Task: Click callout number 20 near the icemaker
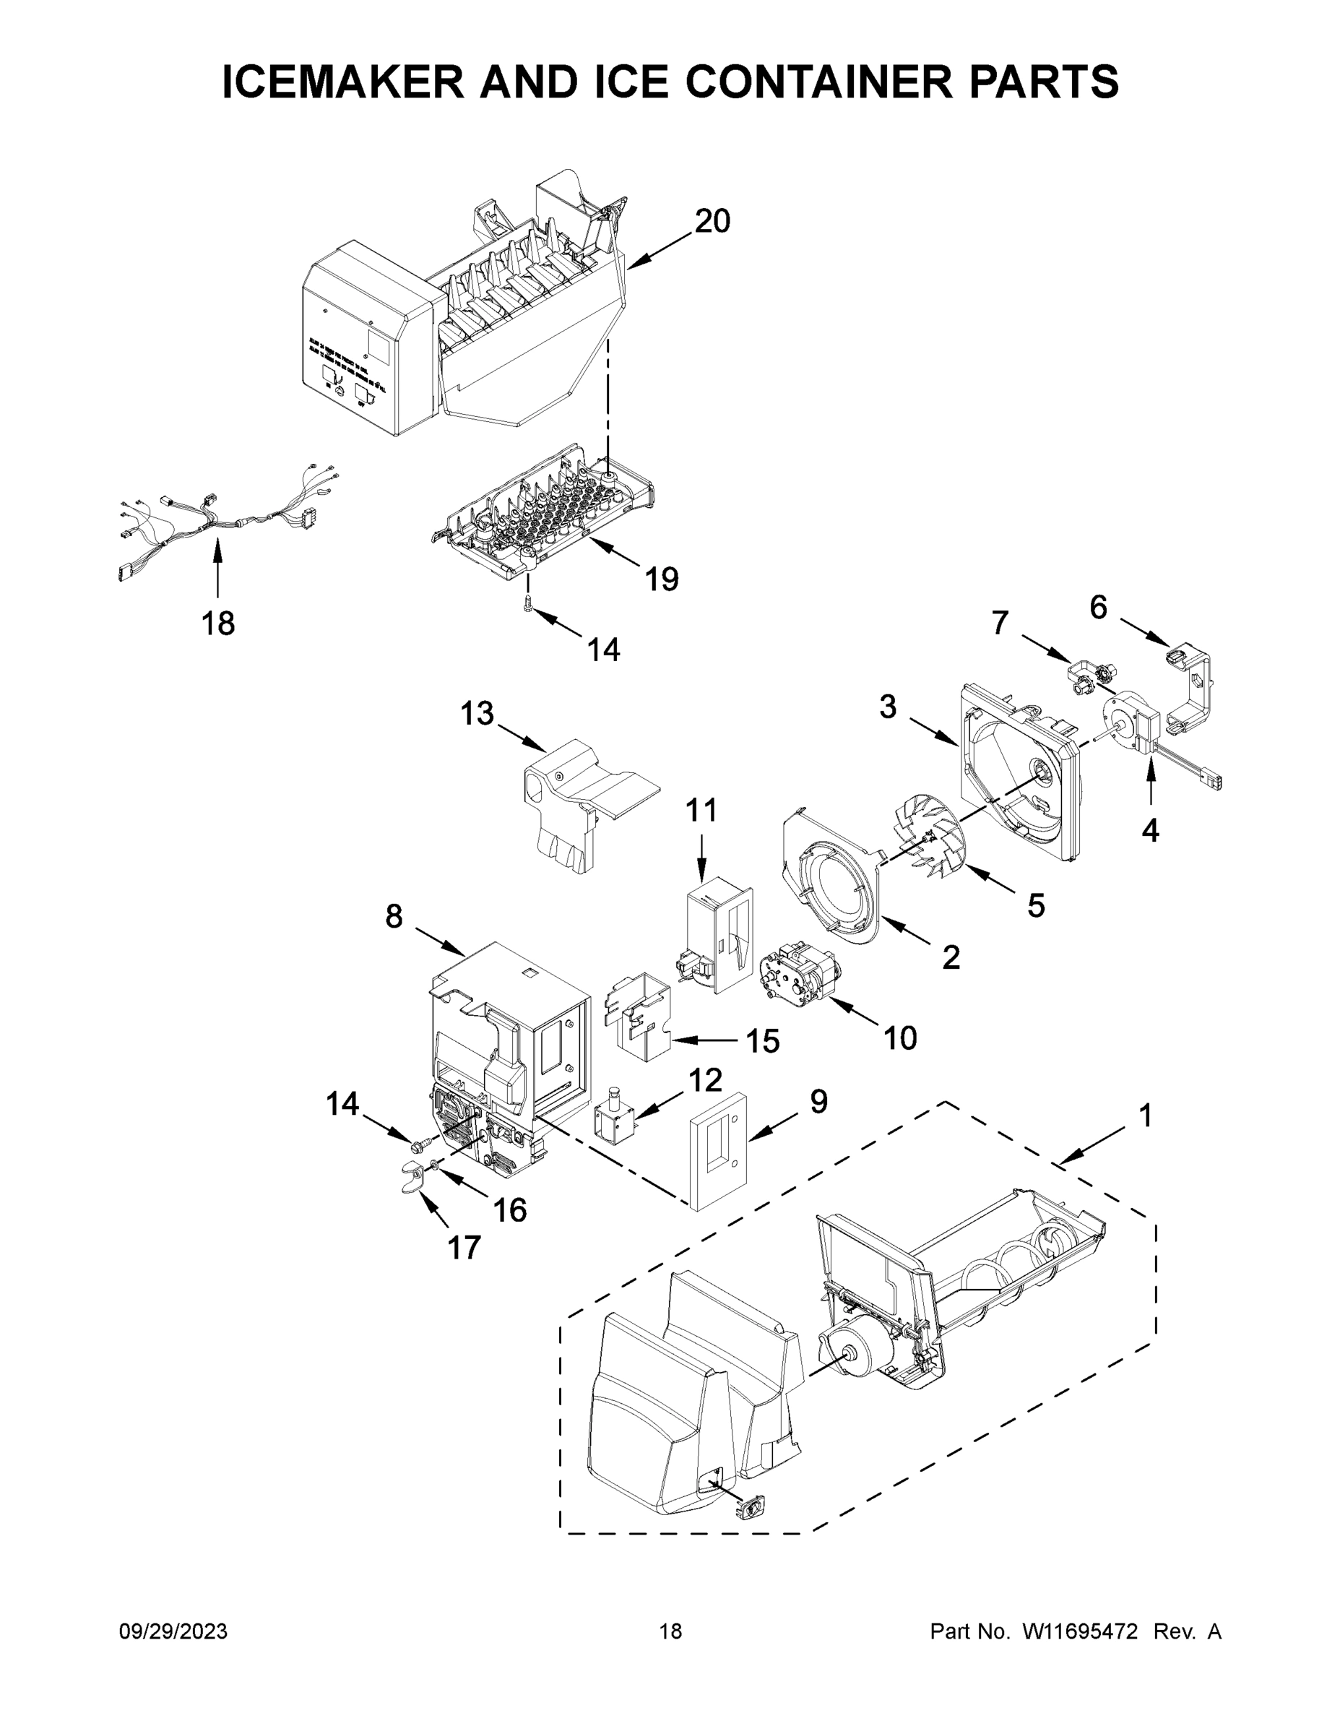[x=712, y=220]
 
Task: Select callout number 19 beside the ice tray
[x=661, y=579]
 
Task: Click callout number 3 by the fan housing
[x=888, y=706]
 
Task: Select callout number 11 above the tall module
[x=701, y=811]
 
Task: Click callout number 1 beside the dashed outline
[x=1144, y=1116]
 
